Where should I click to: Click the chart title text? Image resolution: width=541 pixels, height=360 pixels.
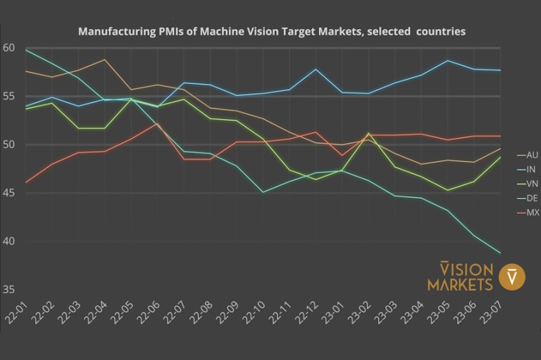[271, 32]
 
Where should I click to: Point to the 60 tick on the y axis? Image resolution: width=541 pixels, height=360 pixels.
[9, 48]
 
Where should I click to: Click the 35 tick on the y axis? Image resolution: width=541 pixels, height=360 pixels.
[9, 290]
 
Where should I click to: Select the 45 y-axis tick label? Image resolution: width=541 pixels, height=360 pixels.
[9, 193]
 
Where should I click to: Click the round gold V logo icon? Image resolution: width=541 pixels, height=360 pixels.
[513, 277]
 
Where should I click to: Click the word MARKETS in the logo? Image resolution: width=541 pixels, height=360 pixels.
[460, 285]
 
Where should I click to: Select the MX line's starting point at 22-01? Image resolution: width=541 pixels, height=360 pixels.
[26, 183]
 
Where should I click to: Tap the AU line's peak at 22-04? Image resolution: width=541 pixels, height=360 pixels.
[105, 60]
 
